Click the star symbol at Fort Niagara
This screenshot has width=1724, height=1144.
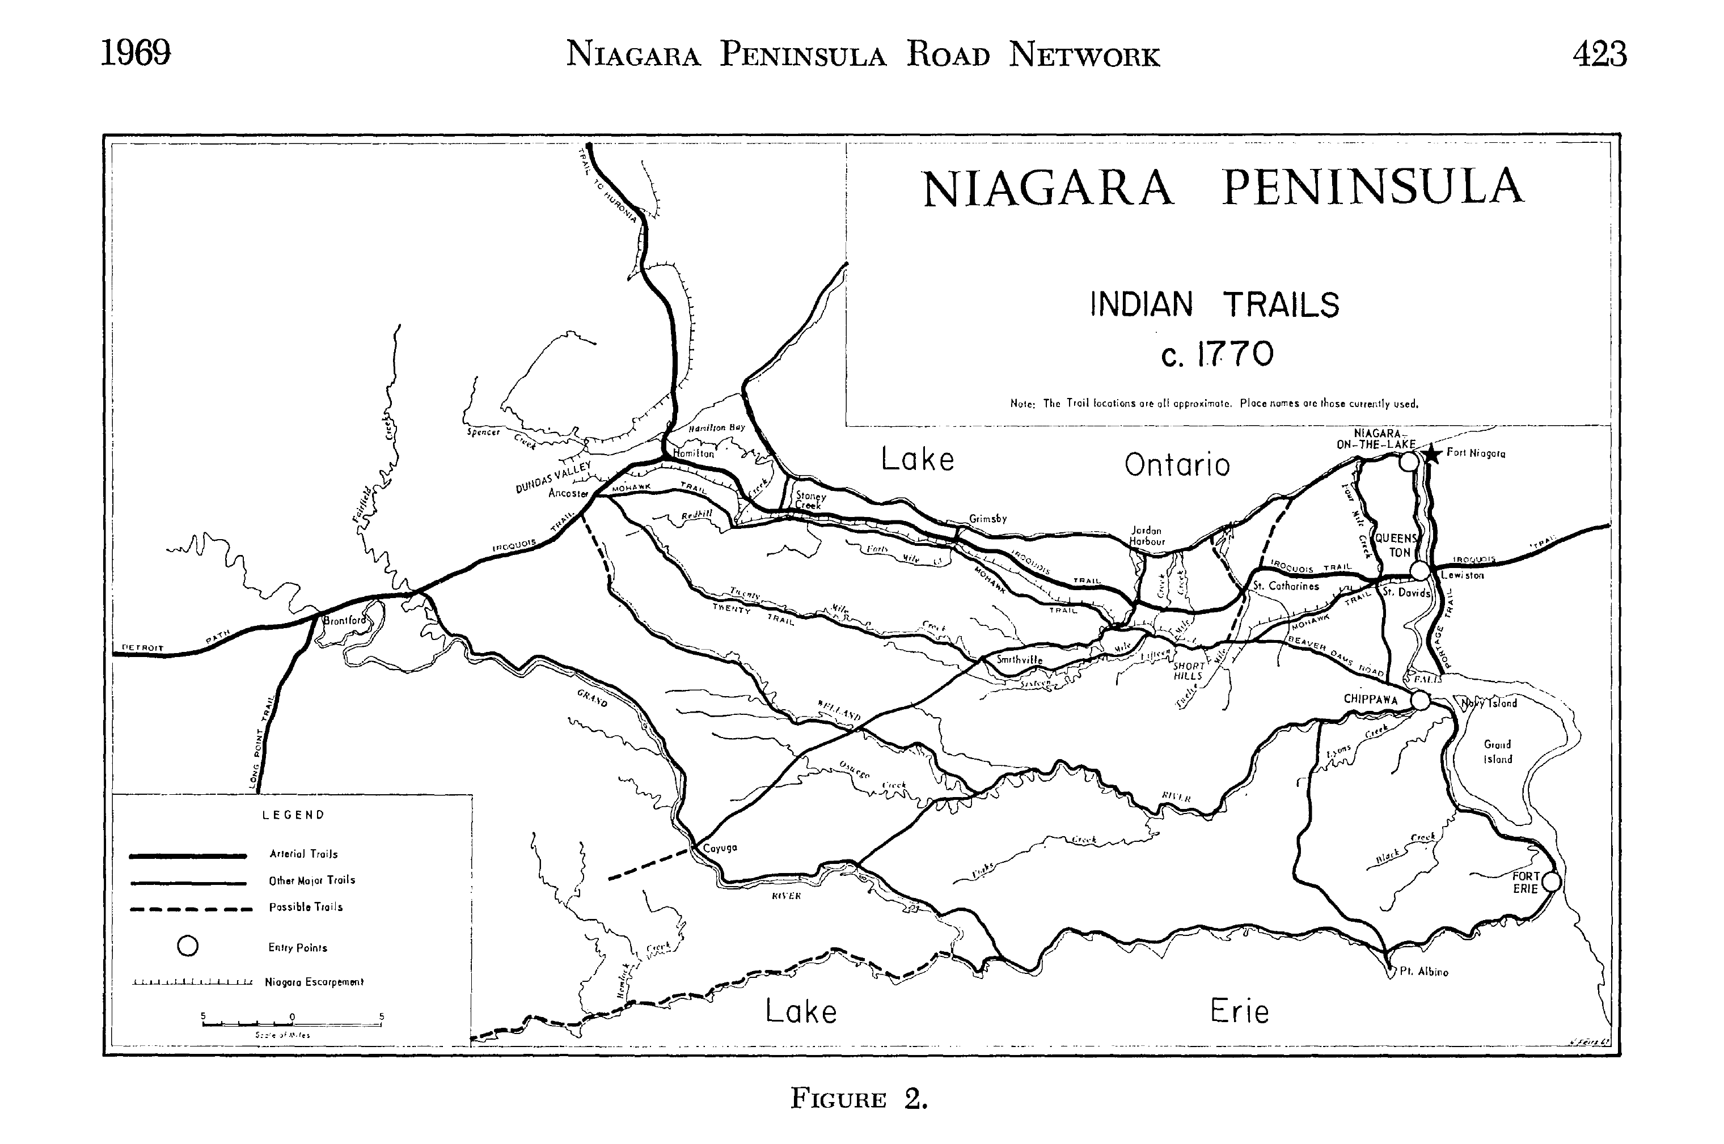tap(1432, 454)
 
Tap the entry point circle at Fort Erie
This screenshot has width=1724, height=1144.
tap(1552, 882)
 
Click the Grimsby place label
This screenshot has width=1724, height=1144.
tap(987, 519)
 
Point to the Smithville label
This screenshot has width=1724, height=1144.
tap(1020, 659)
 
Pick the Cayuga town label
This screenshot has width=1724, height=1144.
tap(720, 848)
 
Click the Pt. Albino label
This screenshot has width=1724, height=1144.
tap(1423, 972)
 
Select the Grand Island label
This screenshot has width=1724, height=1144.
tap(1498, 752)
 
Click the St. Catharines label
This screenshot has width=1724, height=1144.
tap(1286, 586)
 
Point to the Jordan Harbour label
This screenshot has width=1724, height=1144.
tap(1147, 536)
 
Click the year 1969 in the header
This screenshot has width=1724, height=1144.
tap(136, 53)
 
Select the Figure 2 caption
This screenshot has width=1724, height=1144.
tap(859, 1099)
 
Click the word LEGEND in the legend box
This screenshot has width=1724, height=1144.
tap(293, 815)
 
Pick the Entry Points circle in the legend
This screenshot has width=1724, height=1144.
tap(188, 946)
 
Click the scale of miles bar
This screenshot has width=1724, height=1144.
tap(292, 1024)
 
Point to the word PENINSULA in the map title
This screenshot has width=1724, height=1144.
tap(1372, 188)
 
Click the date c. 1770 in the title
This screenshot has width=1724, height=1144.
tap(1217, 354)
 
